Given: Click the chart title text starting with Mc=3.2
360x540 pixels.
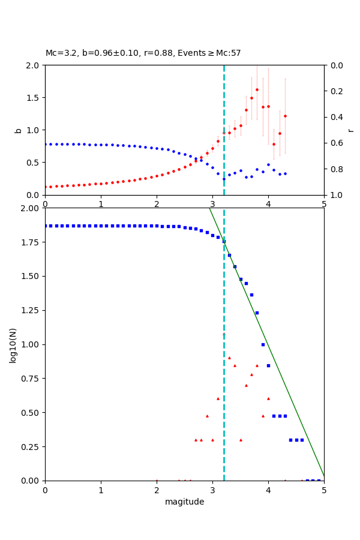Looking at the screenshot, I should (143, 53).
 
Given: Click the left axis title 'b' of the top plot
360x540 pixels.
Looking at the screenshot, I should (18, 130).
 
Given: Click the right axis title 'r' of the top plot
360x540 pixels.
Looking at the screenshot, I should (350, 130).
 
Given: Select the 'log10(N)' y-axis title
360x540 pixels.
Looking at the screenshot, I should (13, 345).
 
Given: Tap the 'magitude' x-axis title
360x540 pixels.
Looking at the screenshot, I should (184, 502).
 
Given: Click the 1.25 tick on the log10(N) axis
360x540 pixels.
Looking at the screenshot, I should (31, 310).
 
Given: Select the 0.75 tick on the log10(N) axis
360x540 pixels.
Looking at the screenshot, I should (31, 379).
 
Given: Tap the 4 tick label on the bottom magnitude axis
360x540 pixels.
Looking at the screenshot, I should (268, 490).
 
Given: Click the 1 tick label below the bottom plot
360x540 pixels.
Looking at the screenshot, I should (101, 490).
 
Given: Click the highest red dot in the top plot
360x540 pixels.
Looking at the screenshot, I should (257, 89).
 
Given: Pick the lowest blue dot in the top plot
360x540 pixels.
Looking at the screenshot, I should (224, 179).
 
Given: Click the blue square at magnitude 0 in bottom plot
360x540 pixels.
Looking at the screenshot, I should (45, 226).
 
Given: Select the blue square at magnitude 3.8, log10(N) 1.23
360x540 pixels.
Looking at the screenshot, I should (257, 313).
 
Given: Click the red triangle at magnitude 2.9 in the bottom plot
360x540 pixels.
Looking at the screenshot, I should (207, 416).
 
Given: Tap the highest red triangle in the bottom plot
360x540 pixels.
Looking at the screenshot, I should (229, 358).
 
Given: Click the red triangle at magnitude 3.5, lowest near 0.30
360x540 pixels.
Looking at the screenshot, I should (241, 440).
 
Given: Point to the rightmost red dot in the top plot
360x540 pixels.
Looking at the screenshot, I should (285, 116).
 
